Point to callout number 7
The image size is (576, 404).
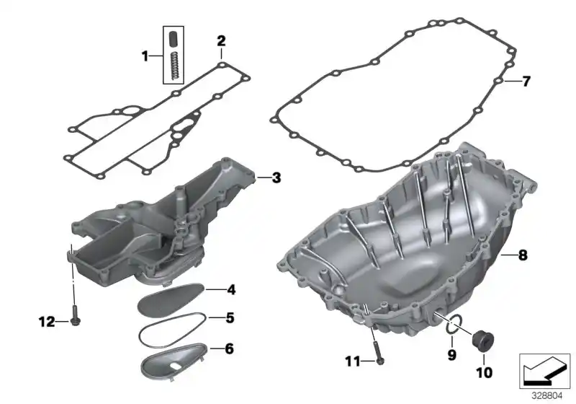coord(526,82)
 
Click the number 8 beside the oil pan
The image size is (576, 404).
coord(523,255)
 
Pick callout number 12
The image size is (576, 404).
coord(46,322)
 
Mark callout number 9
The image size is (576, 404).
coord(451,354)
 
